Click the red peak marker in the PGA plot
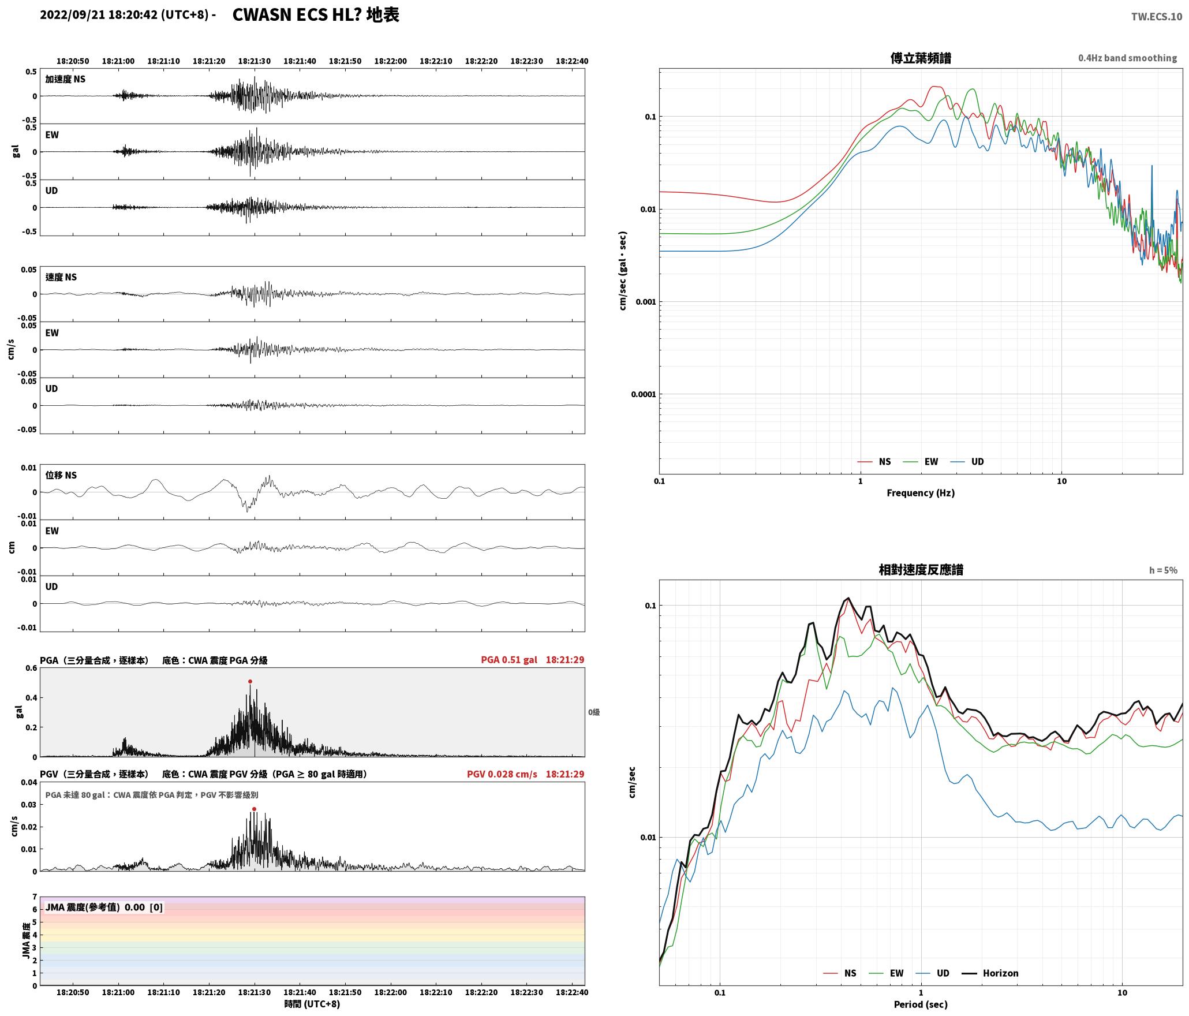coord(250,682)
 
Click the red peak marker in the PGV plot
coord(254,809)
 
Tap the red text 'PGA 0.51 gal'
coord(509,660)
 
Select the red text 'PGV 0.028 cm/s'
coord(502,774)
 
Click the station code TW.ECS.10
coord(1157,17)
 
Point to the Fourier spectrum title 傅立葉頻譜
coord(921,58)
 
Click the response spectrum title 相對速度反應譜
coord(921,570)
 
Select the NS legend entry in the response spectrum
coord(840,973)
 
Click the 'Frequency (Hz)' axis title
coord(921,493)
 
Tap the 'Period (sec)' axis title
coord(921,1004)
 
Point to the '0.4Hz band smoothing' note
coord(1127,58)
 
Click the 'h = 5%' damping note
coord(1163,570)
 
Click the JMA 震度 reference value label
coord(104,907)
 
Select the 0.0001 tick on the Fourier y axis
coord(644,395)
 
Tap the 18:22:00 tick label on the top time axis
coord(390,61)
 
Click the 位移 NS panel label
coord(61,476)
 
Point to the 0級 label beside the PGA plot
coord(594,712)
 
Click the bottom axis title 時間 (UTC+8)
coord(312,1004)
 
